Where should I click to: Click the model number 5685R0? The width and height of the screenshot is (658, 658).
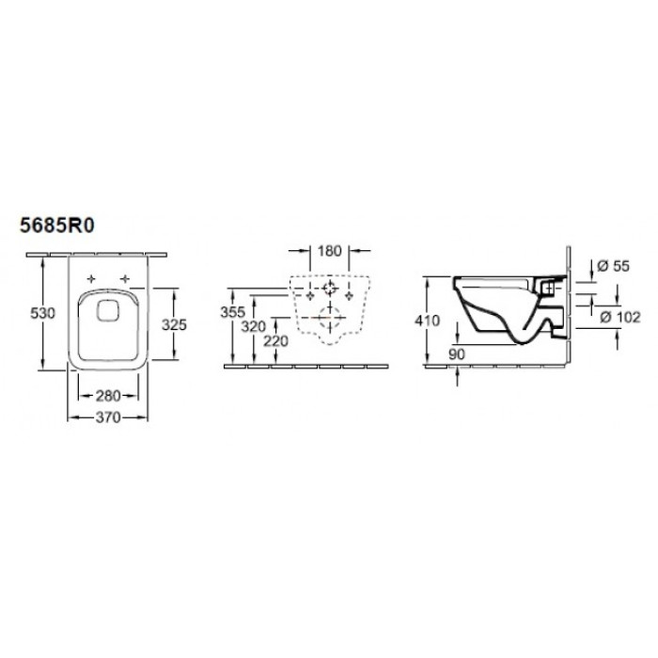[57, 227]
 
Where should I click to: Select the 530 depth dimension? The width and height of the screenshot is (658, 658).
[43, 313]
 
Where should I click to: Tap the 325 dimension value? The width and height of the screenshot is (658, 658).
[174, 325]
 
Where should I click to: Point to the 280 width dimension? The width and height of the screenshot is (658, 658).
[108, 396]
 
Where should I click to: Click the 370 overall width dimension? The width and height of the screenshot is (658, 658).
[108, 417]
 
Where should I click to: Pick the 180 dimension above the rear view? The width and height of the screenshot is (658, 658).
[329, 251]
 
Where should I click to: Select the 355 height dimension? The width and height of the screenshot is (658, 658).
[232, 312]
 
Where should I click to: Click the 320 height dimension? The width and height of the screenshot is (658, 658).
[254, 326]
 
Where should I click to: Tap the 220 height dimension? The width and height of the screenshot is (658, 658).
[275, 341]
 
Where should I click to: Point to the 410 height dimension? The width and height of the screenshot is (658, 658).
[427, 321]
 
